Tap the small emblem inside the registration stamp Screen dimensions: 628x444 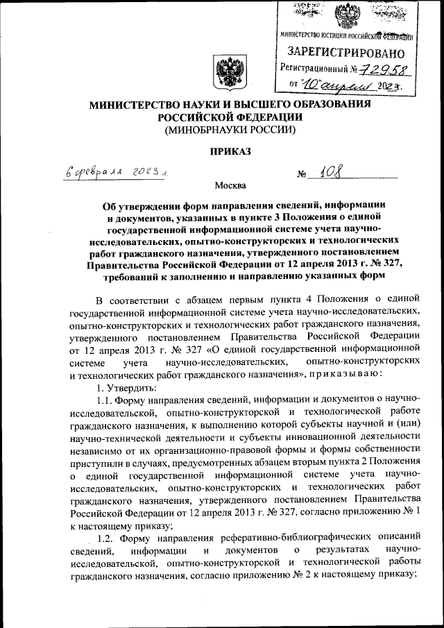(x=348, y=15)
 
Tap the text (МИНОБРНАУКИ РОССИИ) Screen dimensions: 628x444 (x=222, y=129)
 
